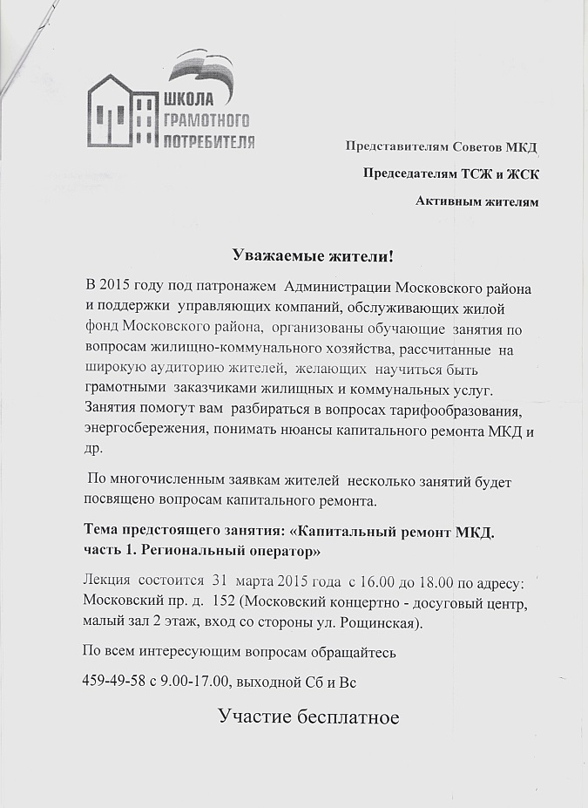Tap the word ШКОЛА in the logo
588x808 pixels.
tap(189, 97)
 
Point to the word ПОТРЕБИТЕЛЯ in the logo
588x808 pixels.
tap(209, 141)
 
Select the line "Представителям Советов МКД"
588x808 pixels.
tap(442, 146)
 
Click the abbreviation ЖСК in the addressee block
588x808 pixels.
tap(522, 173)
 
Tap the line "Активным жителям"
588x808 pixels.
tap(477, 202)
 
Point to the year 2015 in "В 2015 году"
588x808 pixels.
tap(115, 286)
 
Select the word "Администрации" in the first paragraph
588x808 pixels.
tap(335, 286)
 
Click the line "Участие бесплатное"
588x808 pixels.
tap(309, 717)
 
